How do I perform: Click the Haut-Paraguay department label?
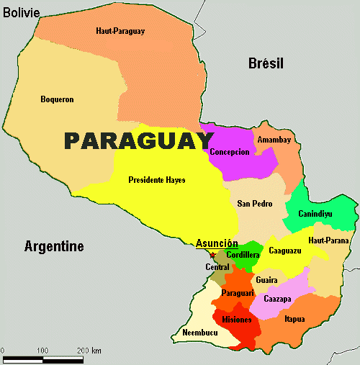click(120, 31)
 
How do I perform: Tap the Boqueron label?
click(57, 99)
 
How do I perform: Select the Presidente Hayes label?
click(156, 180)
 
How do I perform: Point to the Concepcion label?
click(230, 152)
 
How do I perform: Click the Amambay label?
click(274, 140)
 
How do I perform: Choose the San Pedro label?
click(255, 204)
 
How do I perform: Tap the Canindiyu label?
click(321, 214)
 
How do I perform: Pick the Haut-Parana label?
click(328, 240)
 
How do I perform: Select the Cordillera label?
click(243, 255)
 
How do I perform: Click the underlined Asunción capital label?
click(217, 243)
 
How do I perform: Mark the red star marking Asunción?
click(212, 254)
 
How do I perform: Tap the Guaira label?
click(266, 280)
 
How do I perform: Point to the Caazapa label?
click(277, 299)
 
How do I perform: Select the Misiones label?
click(237, 320)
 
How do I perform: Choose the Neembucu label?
click(199, 333)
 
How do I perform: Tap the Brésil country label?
click(266, 63)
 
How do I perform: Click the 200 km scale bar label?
click(90, 350)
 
